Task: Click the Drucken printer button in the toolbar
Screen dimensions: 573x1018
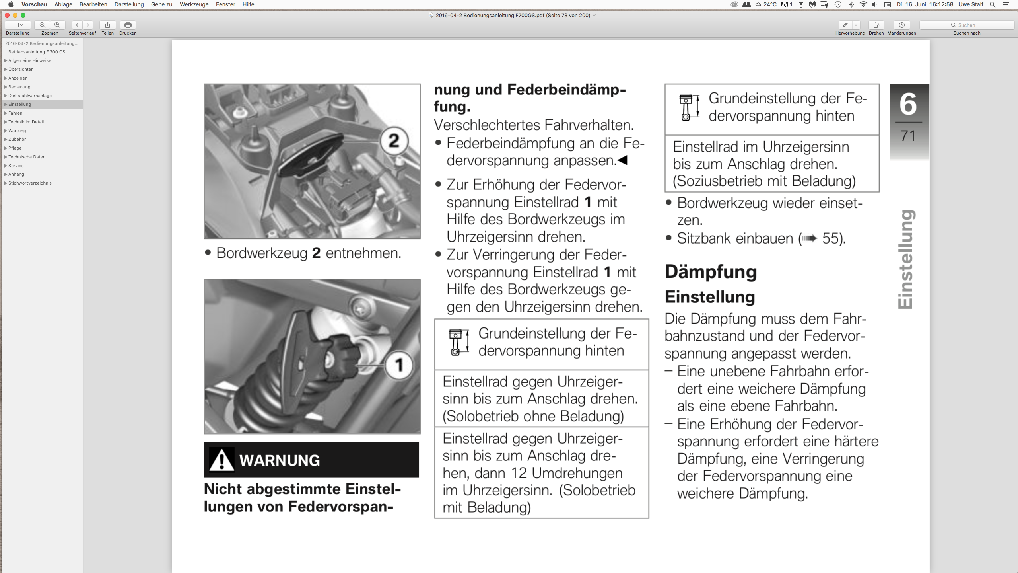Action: [128, 25]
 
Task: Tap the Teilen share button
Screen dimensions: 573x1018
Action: [107, 25]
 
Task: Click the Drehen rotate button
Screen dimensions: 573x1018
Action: [876, 25]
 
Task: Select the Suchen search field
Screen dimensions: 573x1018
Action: [967, 25]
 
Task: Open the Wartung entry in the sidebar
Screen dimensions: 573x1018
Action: [17, 131]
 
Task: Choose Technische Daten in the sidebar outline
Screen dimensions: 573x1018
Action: [27, 157]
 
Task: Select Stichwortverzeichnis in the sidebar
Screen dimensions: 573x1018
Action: [30, 183]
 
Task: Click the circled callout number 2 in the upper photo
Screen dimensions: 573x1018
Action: [394, 140]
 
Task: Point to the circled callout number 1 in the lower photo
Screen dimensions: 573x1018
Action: [399, 365]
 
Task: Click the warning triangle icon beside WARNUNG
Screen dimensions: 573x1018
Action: [221, 460]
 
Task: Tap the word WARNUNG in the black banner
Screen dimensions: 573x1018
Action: [280, 460]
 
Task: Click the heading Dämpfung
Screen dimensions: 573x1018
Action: [711, 272]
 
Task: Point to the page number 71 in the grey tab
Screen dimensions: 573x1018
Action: [908, 136]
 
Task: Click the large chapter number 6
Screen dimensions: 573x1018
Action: [908, 103]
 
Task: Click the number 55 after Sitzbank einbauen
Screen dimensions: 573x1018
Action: [831, 238]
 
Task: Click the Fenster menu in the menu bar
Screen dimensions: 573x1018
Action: [225, 4]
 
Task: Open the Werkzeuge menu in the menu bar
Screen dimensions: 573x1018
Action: [194, 4]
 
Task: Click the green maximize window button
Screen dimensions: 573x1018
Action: [23, 15]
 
